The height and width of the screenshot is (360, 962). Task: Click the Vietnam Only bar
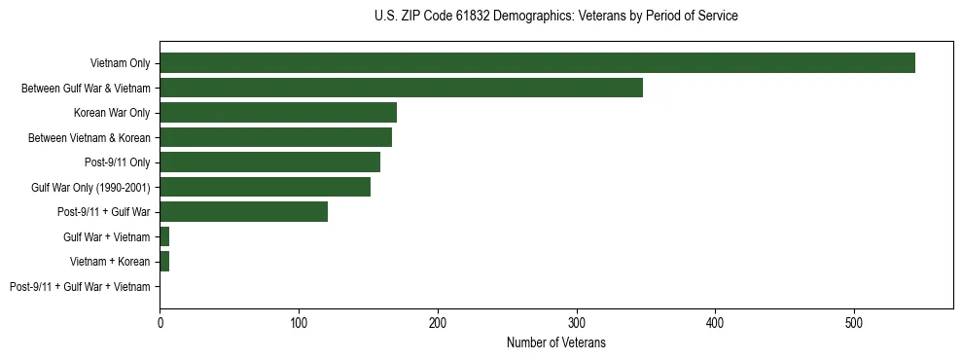537,63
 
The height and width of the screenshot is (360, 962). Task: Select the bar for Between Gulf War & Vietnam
401,88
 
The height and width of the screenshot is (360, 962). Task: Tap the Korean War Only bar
278,113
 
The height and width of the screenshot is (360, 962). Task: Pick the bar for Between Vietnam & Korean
275,137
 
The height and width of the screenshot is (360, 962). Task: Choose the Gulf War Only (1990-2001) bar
265,187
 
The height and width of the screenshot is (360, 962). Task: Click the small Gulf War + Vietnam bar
164,236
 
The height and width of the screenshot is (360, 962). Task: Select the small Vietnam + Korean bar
164,262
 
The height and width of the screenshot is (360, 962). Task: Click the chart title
555,17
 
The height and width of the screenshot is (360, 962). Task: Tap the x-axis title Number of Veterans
556,342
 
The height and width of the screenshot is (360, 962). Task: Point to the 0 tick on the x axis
160,322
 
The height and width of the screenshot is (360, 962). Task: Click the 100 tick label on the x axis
299,322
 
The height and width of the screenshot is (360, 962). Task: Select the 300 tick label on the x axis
577,322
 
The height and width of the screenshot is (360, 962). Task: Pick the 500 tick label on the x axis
854,322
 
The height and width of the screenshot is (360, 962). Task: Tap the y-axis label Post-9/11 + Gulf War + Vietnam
80,286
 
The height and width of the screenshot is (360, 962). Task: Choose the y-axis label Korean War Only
112,113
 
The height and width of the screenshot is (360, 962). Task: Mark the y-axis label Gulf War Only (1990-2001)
90,187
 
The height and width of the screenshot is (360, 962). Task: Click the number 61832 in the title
485,17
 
